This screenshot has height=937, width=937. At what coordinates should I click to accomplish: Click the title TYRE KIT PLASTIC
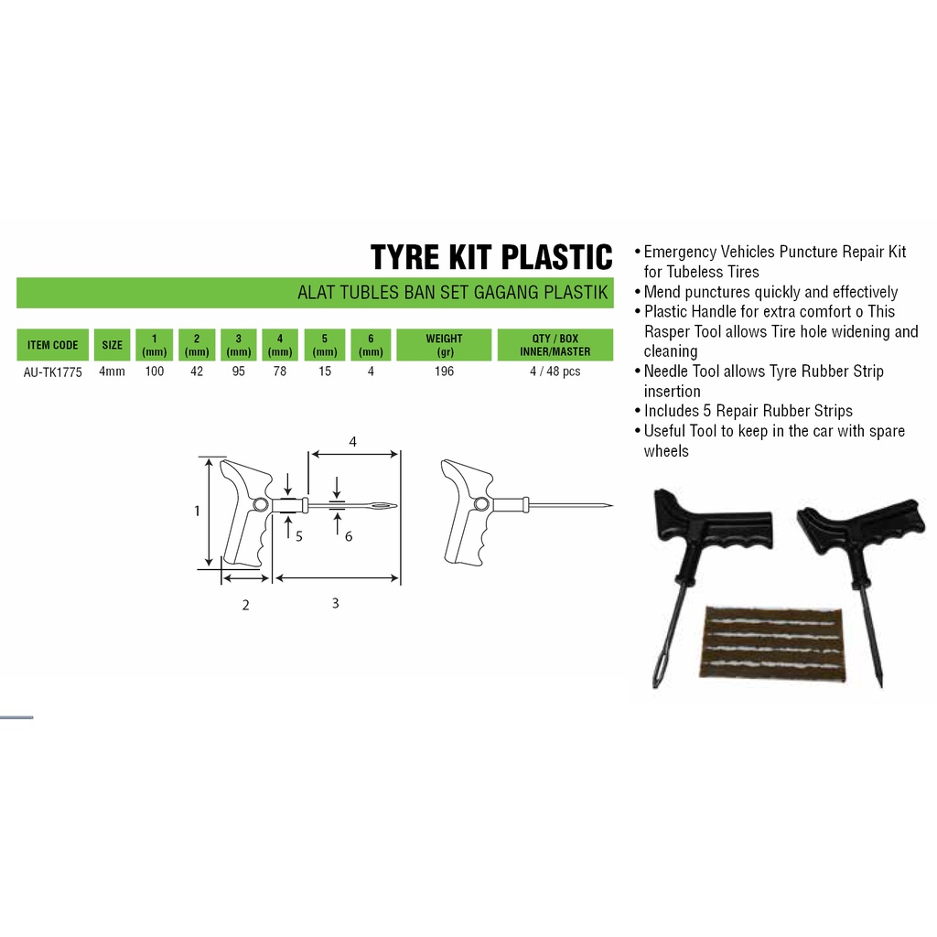point(491,257)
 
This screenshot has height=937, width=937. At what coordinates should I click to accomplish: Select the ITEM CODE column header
point(52,345)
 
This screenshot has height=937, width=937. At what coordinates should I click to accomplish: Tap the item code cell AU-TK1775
point(52,372)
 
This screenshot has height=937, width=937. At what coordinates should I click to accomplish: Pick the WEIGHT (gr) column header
point(444,345)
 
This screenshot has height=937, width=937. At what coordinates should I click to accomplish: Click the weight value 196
point(444,372)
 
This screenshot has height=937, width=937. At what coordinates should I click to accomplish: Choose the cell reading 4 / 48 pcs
point(555,372)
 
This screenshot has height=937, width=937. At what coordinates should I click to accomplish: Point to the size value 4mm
point(112,372)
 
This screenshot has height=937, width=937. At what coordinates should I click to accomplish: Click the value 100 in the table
point(154,372)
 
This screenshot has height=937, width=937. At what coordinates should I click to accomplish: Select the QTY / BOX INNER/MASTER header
point(555,345)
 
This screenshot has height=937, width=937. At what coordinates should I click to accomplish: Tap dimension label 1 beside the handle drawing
point(197,511)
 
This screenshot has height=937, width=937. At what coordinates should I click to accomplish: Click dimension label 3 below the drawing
point(335,603)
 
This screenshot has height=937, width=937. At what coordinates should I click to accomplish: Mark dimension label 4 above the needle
point(352,442)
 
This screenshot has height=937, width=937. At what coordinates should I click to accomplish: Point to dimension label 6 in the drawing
point(349,536)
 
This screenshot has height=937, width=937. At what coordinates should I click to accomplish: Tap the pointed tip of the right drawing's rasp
point(612,505)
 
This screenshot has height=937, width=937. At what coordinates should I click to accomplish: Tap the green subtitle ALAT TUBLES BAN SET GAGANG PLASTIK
point(452,292)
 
